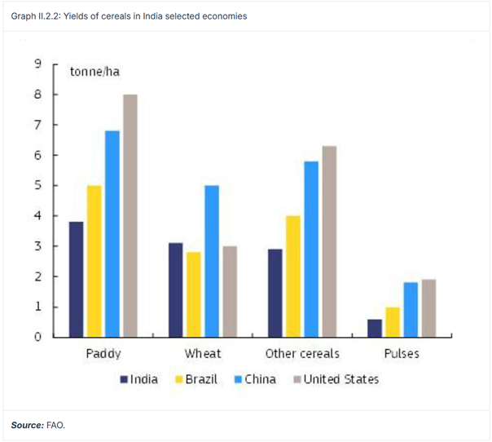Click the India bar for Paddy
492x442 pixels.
tap(76, 279)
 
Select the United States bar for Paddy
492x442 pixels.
tap(130, 215)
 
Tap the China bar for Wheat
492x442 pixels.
tap(211, 261)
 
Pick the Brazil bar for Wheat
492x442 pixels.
tap(193, 294)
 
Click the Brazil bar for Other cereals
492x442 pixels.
tap(292, 276)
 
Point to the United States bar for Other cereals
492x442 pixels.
tap(328, 241)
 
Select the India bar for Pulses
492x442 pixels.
tap(374, 328)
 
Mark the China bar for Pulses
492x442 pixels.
tap(411, 310)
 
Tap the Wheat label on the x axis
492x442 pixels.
tap(202, 354)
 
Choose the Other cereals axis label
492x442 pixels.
tap(302, 354)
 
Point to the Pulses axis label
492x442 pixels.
tap(402, 354)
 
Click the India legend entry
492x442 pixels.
tap(139, 379)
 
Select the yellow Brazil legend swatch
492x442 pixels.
tap(178, 379)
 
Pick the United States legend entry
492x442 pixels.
tap(336, 379)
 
